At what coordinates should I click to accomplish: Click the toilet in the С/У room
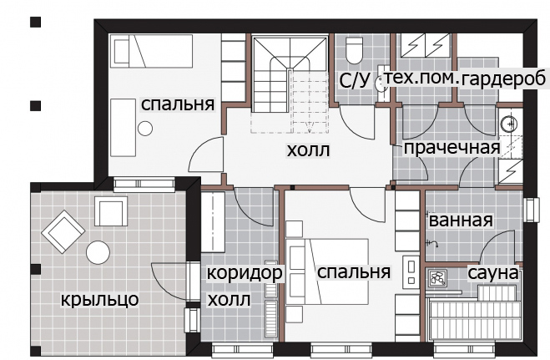[354, 49]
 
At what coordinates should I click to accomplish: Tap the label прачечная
[452, 148]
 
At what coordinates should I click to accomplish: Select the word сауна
[492, 273]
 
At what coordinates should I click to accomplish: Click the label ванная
[461, 221]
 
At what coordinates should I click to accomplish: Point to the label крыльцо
[100, 300]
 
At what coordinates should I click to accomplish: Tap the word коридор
[245, 273]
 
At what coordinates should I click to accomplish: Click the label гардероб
[504, 79]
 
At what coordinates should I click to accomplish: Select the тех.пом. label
[422, 79]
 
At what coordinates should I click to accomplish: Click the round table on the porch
[98, 252]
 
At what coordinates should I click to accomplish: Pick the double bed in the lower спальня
[327, 272]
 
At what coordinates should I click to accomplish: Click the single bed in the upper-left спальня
[152, 51]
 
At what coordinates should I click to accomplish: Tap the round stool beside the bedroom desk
[145, 129]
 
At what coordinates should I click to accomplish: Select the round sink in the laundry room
[509, 123]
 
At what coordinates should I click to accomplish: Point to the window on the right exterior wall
[532, 210]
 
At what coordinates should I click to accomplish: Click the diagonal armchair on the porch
[63, 231]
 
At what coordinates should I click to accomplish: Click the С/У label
[355, 80]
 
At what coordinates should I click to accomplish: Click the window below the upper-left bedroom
[144, 185]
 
